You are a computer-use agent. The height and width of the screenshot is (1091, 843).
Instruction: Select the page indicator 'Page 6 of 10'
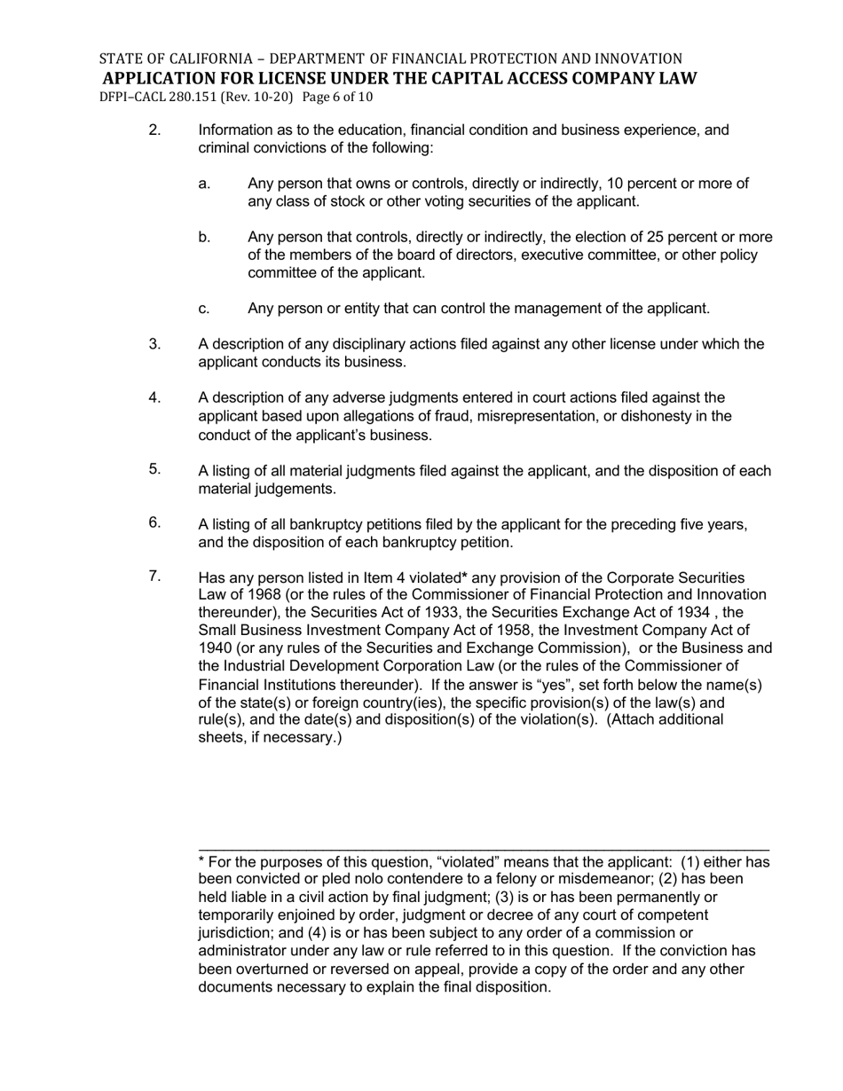pos(337,97)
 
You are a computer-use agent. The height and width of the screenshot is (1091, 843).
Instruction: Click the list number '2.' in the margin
pos(155,130)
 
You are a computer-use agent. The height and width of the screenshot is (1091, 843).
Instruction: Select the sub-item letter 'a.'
pos(204,184)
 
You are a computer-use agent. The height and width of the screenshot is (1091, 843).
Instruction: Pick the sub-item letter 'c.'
pos(204,309)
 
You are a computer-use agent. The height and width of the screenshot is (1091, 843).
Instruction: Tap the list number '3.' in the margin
pos(155,344)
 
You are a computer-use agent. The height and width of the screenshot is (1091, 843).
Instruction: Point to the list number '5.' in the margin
pos(155,469)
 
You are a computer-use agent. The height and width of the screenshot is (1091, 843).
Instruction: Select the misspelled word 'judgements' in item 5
pos(293,489)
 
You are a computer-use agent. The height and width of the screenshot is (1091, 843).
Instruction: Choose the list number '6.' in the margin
pos(155,522)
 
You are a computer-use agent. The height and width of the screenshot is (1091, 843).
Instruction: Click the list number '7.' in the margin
pos(155,577)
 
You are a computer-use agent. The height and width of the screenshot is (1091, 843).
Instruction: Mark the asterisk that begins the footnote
pos(201,861)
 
